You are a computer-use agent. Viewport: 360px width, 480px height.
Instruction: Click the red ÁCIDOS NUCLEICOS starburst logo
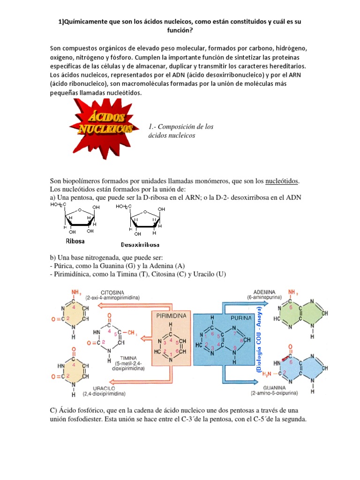102,124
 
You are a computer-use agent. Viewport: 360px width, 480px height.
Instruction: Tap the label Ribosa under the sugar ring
76,242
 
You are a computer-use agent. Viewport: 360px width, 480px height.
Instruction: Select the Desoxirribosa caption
140,245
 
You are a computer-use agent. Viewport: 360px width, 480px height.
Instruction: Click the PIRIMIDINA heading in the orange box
172,316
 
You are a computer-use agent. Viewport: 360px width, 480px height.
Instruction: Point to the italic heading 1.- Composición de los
180,127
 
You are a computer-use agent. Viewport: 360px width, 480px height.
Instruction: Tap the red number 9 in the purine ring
235,347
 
